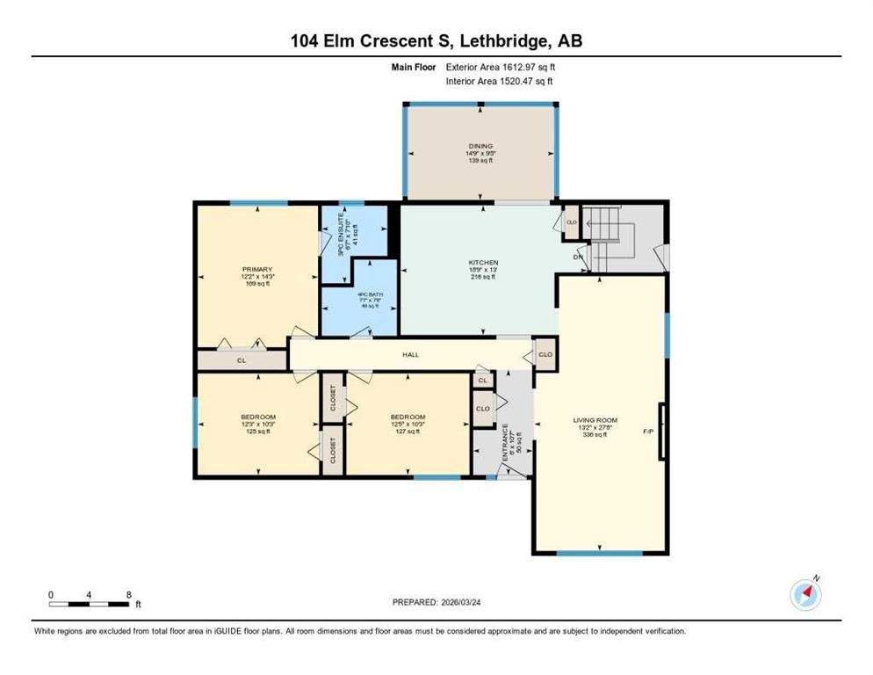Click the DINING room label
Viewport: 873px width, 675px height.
pyautogui.click(x=480, y=146)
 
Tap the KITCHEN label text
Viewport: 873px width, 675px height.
pyautogui.click(x=483, y=263)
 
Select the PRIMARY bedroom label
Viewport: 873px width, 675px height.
pyautogui.click(x=257, y=269)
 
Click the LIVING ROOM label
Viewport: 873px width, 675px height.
pyautogui.click(x=590, y=420)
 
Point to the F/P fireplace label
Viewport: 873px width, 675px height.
pyautogui.click(x=649, y=432)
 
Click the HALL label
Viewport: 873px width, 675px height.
pyautogui.click(x=411, y=355)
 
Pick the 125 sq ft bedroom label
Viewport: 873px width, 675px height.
pyautogui.click(x=258, y=417)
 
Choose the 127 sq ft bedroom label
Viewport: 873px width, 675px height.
pyautogui.click(x=408, y=417)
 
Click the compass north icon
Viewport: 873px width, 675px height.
pyautogui.click(x=805, y=595)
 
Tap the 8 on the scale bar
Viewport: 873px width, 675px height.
pyautogui.click(x=129, y=594)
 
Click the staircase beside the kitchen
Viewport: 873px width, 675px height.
pyautogui.click(x=611, y=238)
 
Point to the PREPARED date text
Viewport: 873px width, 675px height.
pyautogui.click(x=436, y=602)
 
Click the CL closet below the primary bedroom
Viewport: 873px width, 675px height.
pyautogui.click(x=241, y=360)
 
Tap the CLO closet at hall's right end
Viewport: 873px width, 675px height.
pyautogui.click(x=545, y=355)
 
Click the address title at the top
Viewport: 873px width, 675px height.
pyautogui.click(x=436, y=40)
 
